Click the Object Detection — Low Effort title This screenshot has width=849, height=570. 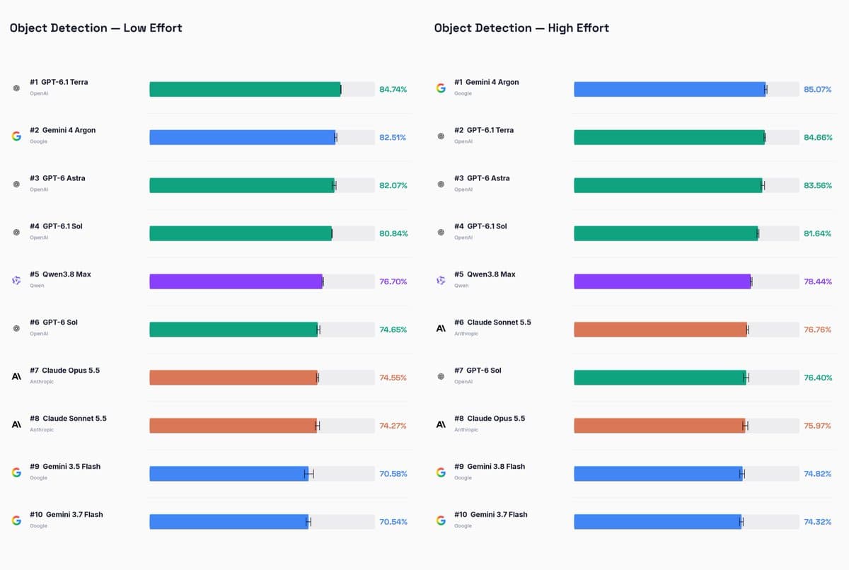96,28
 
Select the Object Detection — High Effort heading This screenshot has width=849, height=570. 521,28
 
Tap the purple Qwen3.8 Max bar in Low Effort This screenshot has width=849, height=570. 236,281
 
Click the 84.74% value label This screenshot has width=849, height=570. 393,89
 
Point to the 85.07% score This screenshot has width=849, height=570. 818,89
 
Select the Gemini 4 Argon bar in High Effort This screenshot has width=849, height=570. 670,89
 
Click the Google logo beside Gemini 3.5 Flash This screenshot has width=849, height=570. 16,472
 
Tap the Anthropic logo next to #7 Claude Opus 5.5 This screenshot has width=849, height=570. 16,376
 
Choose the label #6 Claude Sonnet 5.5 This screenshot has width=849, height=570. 492,322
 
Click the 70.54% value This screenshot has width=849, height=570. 393,522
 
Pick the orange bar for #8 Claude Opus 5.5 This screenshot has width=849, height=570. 659,426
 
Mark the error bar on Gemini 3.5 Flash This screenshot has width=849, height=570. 309,474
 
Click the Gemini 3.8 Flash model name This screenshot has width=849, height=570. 496,467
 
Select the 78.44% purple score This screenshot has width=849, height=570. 818,281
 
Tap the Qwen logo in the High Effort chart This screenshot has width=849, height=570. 441,280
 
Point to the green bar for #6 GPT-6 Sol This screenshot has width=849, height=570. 233,330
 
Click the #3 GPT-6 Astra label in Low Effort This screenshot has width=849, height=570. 57,178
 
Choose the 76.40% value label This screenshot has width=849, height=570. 818,378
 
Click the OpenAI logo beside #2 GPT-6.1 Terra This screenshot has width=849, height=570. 441,136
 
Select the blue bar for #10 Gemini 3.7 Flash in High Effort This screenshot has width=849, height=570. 657,522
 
